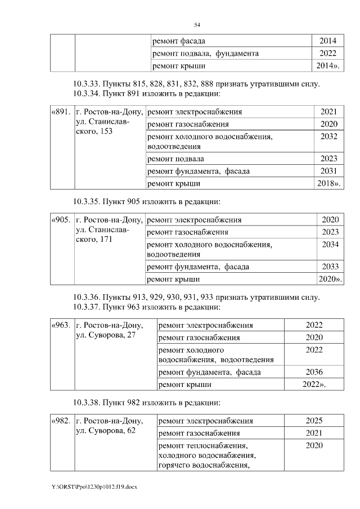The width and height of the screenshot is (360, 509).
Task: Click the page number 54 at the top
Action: coord(197,25)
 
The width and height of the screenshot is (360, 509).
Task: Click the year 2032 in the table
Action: coord(328,136)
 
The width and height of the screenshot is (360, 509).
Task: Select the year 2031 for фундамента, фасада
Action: coord(328,171)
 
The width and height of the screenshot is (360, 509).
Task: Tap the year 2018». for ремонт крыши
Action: coord(330,183)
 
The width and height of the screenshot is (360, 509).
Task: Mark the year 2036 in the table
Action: coord(314,372)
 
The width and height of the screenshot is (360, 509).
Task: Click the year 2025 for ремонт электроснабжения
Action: coord(314,421)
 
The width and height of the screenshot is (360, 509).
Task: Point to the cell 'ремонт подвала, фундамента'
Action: coord(206,53)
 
